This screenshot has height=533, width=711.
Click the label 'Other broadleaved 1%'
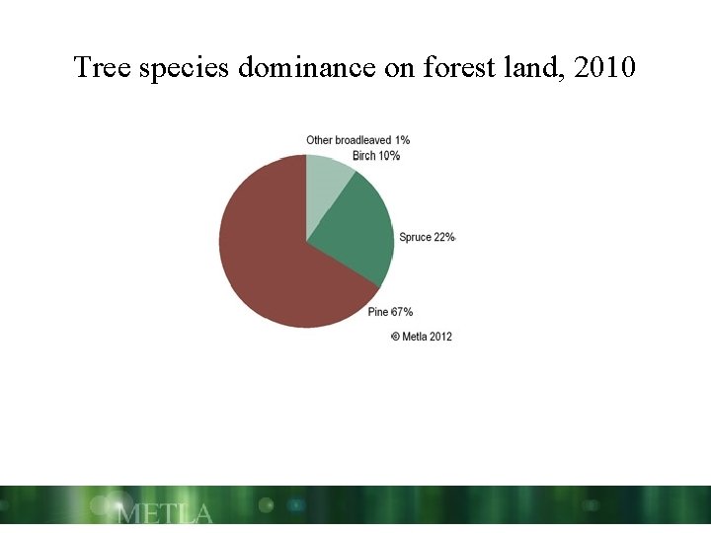[357, 140]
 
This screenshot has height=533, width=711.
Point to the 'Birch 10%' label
[376, 156]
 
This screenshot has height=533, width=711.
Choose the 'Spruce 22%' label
[427, 237]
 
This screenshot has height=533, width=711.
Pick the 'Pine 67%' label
[390, 312]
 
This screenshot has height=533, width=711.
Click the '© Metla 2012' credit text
[422, 337]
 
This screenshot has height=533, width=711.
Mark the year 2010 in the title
[606, 68]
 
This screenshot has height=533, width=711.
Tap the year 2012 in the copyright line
[439, 337]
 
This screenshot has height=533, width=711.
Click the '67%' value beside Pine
[402, 312]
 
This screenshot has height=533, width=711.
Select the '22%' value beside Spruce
[443, 237]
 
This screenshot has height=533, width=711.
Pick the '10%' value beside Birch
[388, 156]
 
